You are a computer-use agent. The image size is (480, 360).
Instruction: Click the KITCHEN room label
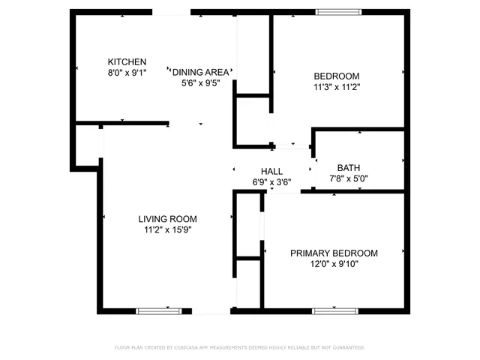point(127,61)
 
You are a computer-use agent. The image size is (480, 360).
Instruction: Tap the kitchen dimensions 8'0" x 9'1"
point(127,73)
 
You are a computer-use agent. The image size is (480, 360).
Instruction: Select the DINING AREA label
point(200,72)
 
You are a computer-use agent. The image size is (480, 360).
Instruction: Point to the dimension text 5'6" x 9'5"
point(200,83)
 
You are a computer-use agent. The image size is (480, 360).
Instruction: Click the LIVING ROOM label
point(166,219)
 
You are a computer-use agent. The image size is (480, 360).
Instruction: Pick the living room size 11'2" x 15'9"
point(166,230)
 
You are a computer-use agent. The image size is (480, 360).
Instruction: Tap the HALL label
point(271,171)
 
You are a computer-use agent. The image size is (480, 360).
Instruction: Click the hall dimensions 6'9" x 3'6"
point(271,181)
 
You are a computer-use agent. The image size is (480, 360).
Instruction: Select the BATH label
point(349,168)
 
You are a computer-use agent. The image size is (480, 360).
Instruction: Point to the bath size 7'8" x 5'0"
point(349,178)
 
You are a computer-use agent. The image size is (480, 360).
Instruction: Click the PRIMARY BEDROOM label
point(334,253)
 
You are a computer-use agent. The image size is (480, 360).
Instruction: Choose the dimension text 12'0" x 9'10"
point(334,265)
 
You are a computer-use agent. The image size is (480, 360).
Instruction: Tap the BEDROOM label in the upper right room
point(336,76)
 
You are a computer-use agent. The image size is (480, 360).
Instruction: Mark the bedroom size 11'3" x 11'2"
point(336,87)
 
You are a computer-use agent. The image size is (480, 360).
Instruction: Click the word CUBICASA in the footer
point(193,348)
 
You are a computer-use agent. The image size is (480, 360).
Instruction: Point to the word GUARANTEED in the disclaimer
point(347,348)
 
